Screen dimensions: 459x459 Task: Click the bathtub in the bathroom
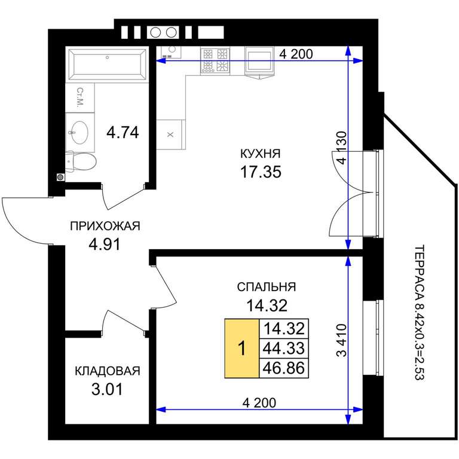point(107,65)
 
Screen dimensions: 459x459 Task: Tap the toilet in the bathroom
point(81,161)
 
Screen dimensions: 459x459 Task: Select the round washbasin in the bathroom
point(79,133)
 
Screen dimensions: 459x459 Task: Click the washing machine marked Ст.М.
point(80,98)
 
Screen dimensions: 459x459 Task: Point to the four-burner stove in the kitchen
point(215,60)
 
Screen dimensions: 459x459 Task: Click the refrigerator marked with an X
point(171,134)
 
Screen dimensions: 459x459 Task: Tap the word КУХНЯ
point(260,154)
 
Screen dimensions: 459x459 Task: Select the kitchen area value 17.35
point(261,172)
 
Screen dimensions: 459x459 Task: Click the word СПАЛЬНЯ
point(267,287)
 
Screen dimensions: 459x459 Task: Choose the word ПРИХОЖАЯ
point(105,226)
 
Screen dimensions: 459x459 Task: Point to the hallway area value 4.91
point(105,244)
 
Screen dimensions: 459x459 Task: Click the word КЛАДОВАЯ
point(108,371)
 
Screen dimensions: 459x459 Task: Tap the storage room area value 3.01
point(107,390)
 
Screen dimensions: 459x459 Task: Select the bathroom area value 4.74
point(123,133)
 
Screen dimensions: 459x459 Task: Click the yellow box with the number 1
point(242,348)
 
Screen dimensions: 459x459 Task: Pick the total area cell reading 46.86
point(284,368)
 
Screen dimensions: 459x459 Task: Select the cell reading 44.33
point(284,348)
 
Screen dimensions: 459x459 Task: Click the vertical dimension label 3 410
point(341,340)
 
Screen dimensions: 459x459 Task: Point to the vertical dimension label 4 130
point(341,147)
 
